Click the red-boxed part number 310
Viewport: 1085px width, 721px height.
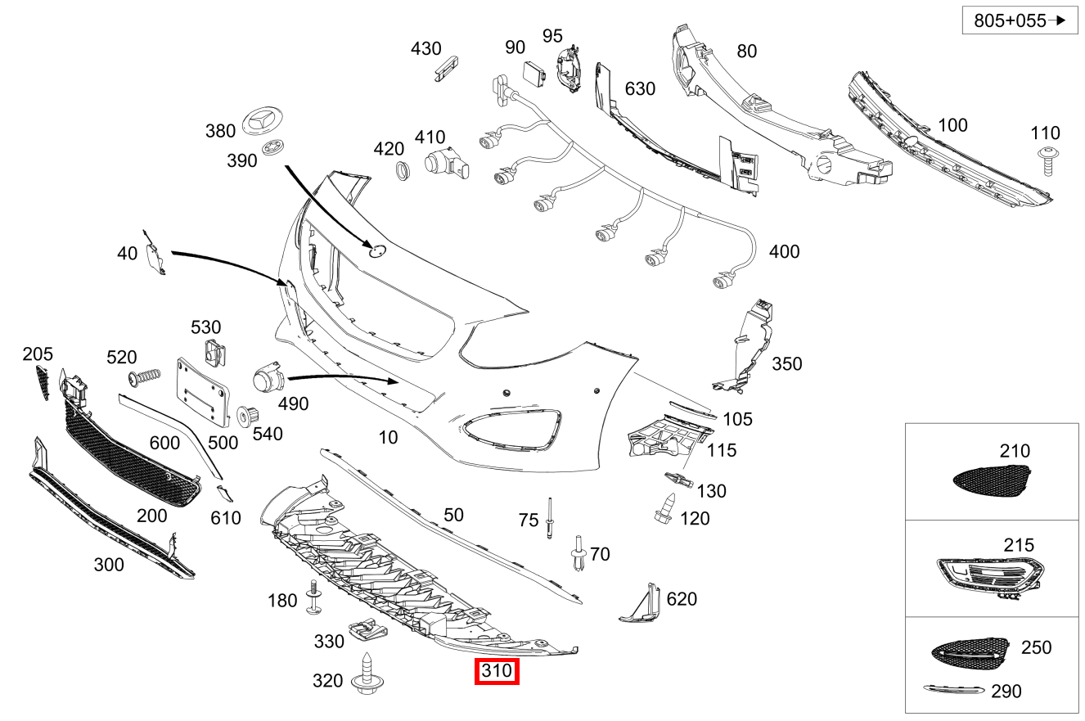pyautogui.click(x=497, y=672)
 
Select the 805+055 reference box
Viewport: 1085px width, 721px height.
pyautogui.click(x=1019, y=21)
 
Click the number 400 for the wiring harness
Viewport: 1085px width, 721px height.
pyautogui.click(x=784, y=252)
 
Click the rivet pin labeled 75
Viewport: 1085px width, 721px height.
pyautogui.click(x=552, y=518)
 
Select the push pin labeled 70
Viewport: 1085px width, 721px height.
pyautogui.click(x=579, y=554)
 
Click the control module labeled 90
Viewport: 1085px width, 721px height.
pyautogui.click(x=536, y=72)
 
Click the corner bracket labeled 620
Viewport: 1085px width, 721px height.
pyautogui.click(x=642, y=603)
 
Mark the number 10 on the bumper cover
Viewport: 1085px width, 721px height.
pyautogui.click(x=388, y=437)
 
